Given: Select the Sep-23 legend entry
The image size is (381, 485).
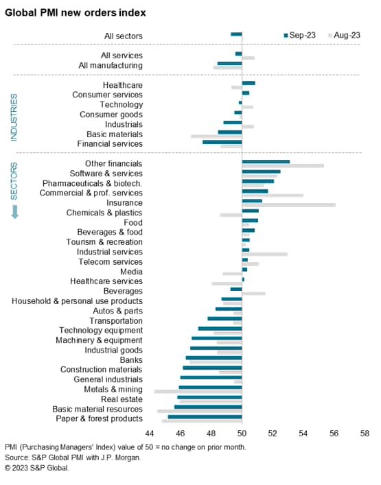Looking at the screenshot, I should [300, 34].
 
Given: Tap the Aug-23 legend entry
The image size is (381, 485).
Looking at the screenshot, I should [345, 34].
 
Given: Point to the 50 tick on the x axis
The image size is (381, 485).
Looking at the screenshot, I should [242, 434].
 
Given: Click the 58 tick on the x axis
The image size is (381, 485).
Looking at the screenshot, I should [364, 434].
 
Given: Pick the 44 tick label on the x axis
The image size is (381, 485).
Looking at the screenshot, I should [150, 434].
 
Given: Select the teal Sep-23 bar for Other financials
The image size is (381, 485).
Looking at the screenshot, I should [266, 162].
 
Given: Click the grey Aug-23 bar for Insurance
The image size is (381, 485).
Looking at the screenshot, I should [288, 205].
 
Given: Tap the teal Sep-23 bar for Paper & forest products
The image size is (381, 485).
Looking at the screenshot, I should [205, 416].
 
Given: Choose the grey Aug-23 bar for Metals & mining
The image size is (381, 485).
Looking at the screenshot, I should [198, 391].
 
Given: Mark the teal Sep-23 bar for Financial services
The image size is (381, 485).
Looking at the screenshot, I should [222, 142].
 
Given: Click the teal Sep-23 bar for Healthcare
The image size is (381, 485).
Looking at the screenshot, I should [249, 83].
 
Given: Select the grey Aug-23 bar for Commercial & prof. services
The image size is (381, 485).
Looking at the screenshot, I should [273, 196].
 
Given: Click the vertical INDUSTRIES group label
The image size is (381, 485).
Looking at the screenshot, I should [13, 117].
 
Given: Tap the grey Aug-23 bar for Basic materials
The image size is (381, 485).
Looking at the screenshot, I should [216, 136].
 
